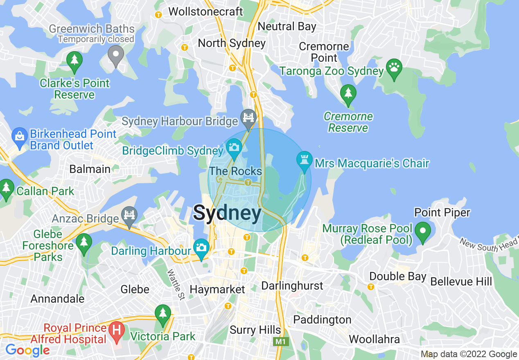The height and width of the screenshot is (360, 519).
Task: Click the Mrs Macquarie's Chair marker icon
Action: click(x=304, y=162)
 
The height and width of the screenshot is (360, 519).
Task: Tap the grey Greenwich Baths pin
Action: click(x=116, y=55)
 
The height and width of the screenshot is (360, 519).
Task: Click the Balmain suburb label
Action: click(x=90, y=169)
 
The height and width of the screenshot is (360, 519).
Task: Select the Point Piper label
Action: click(x=442, y=212)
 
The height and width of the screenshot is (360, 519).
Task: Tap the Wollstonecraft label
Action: click(x=205, y=11)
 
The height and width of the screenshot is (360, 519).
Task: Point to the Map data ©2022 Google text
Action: click(x=469, y=354)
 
